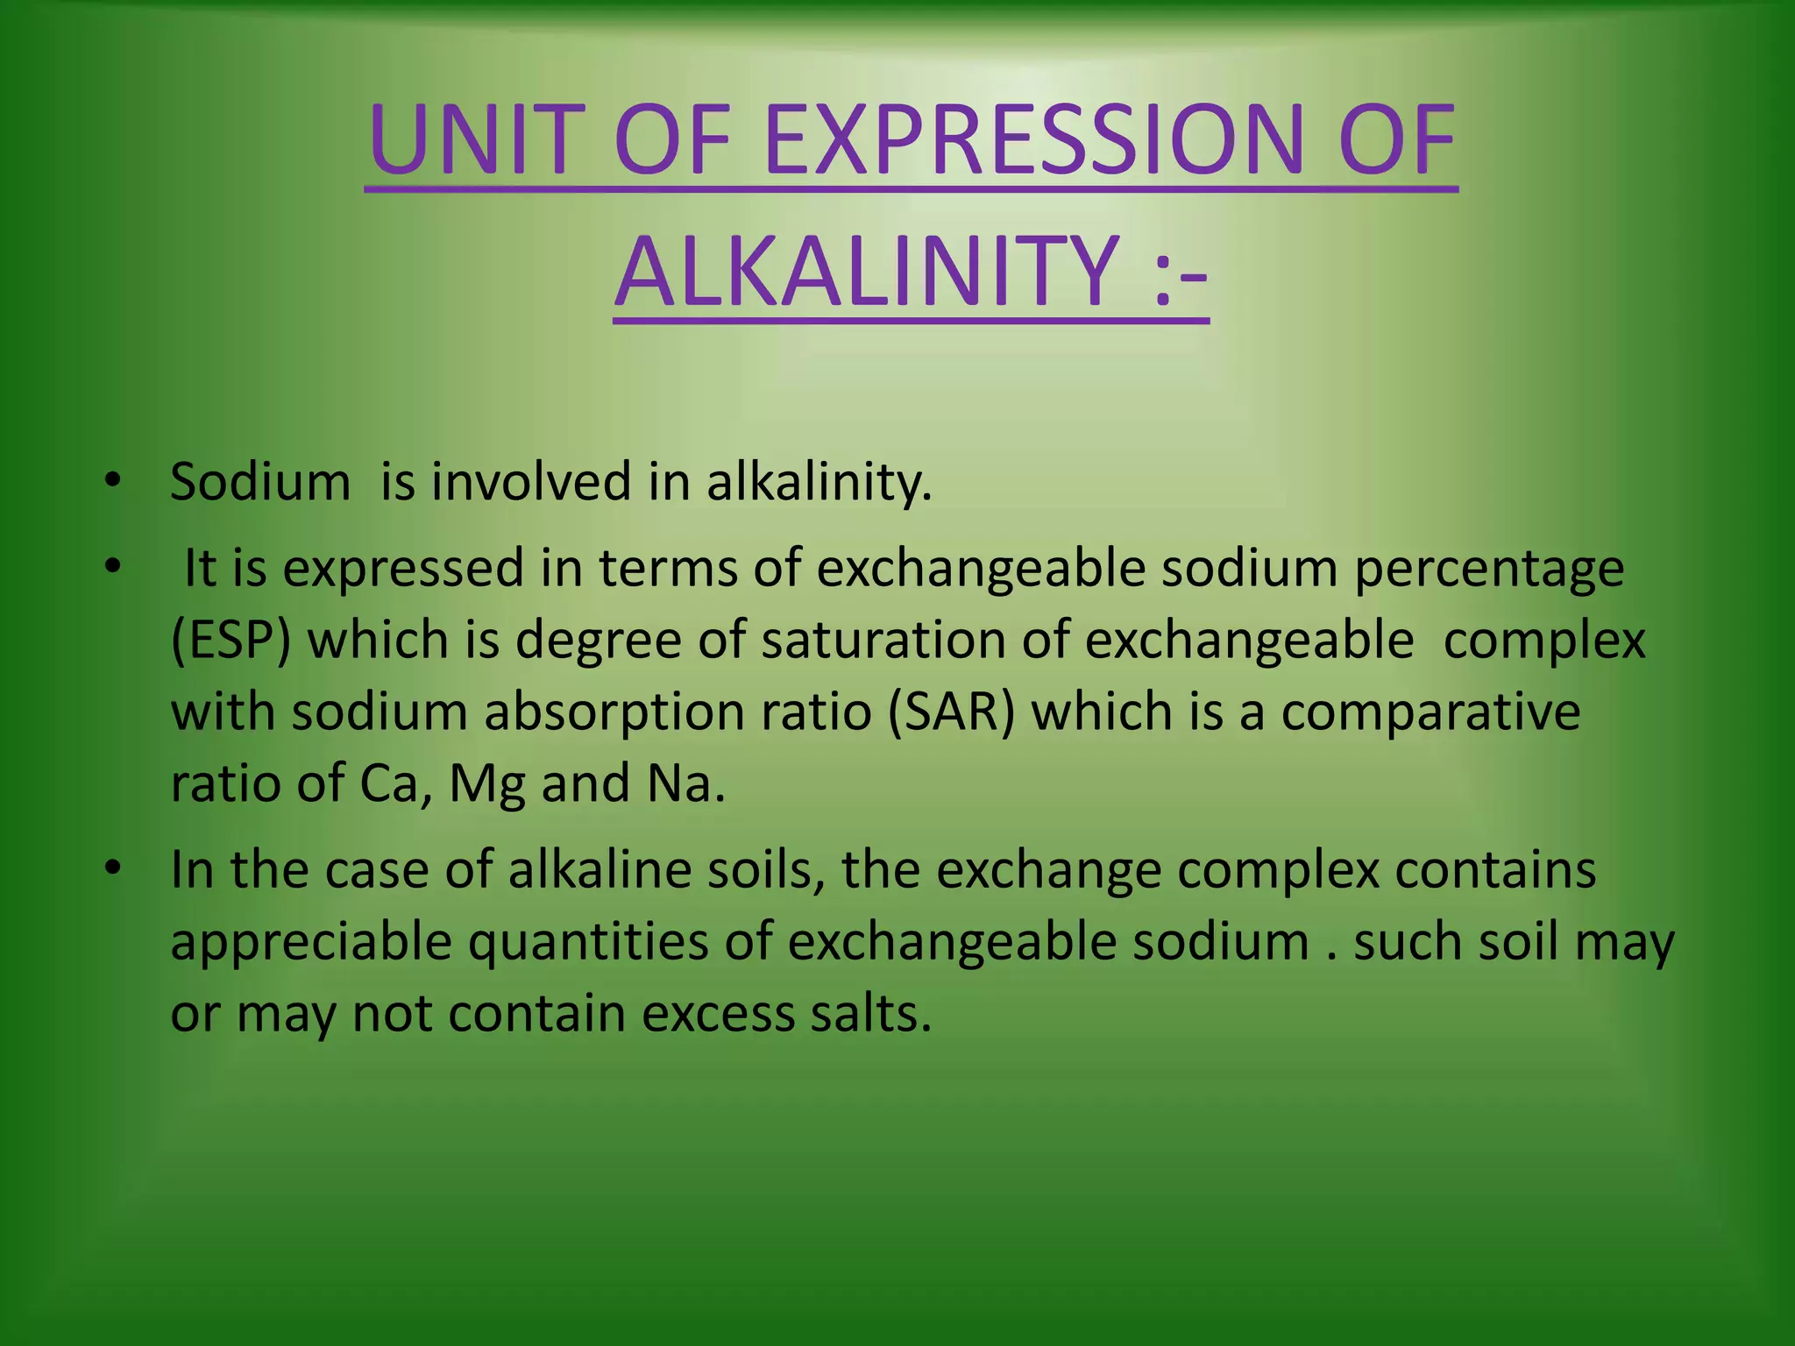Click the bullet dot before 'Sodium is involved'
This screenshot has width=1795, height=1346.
point(111,481)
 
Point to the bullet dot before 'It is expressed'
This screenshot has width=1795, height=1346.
point(111,567)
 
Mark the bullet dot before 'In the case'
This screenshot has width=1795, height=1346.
point(111,868)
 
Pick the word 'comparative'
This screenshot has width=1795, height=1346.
point(1430,711)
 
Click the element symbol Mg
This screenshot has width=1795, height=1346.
point(486,783)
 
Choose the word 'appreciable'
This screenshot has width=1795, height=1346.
point(311,942)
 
